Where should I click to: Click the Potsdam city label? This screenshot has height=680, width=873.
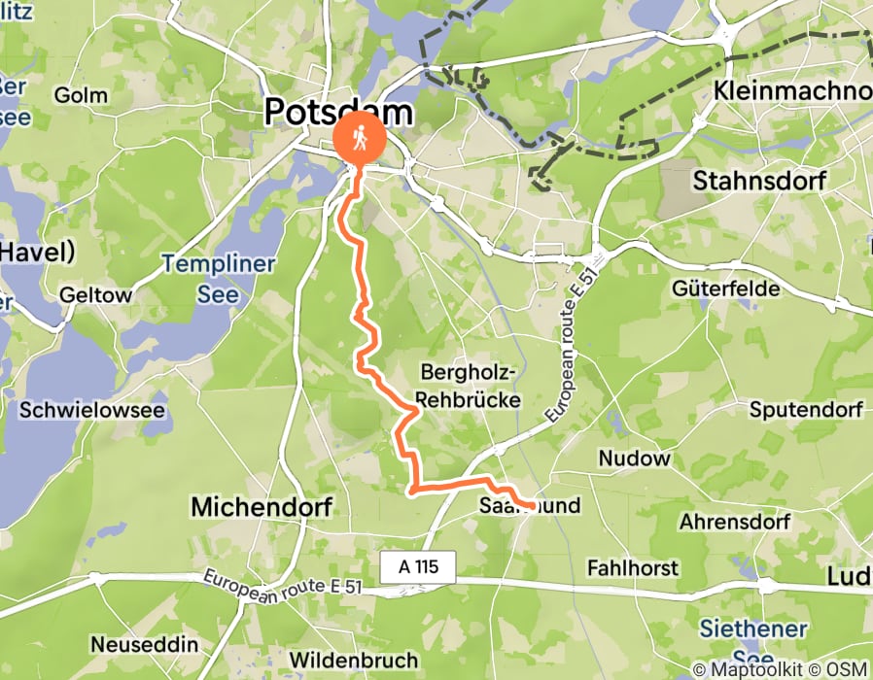coord(338,113)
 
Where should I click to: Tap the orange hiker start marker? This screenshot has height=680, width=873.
coord(359,140)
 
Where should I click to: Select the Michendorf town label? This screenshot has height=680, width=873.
coord(262,506)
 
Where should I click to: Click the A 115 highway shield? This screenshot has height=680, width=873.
coord(418,565)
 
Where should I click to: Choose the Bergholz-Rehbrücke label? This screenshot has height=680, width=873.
coord(471,386)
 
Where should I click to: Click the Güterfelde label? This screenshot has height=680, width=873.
coord(725,289)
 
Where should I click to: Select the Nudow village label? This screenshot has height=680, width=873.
coord(634,458)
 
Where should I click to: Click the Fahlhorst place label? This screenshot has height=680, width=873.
coord(633,566)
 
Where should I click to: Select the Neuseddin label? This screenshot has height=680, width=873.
coord(144,644)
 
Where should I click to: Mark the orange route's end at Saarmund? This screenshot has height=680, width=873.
coord(534,505)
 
